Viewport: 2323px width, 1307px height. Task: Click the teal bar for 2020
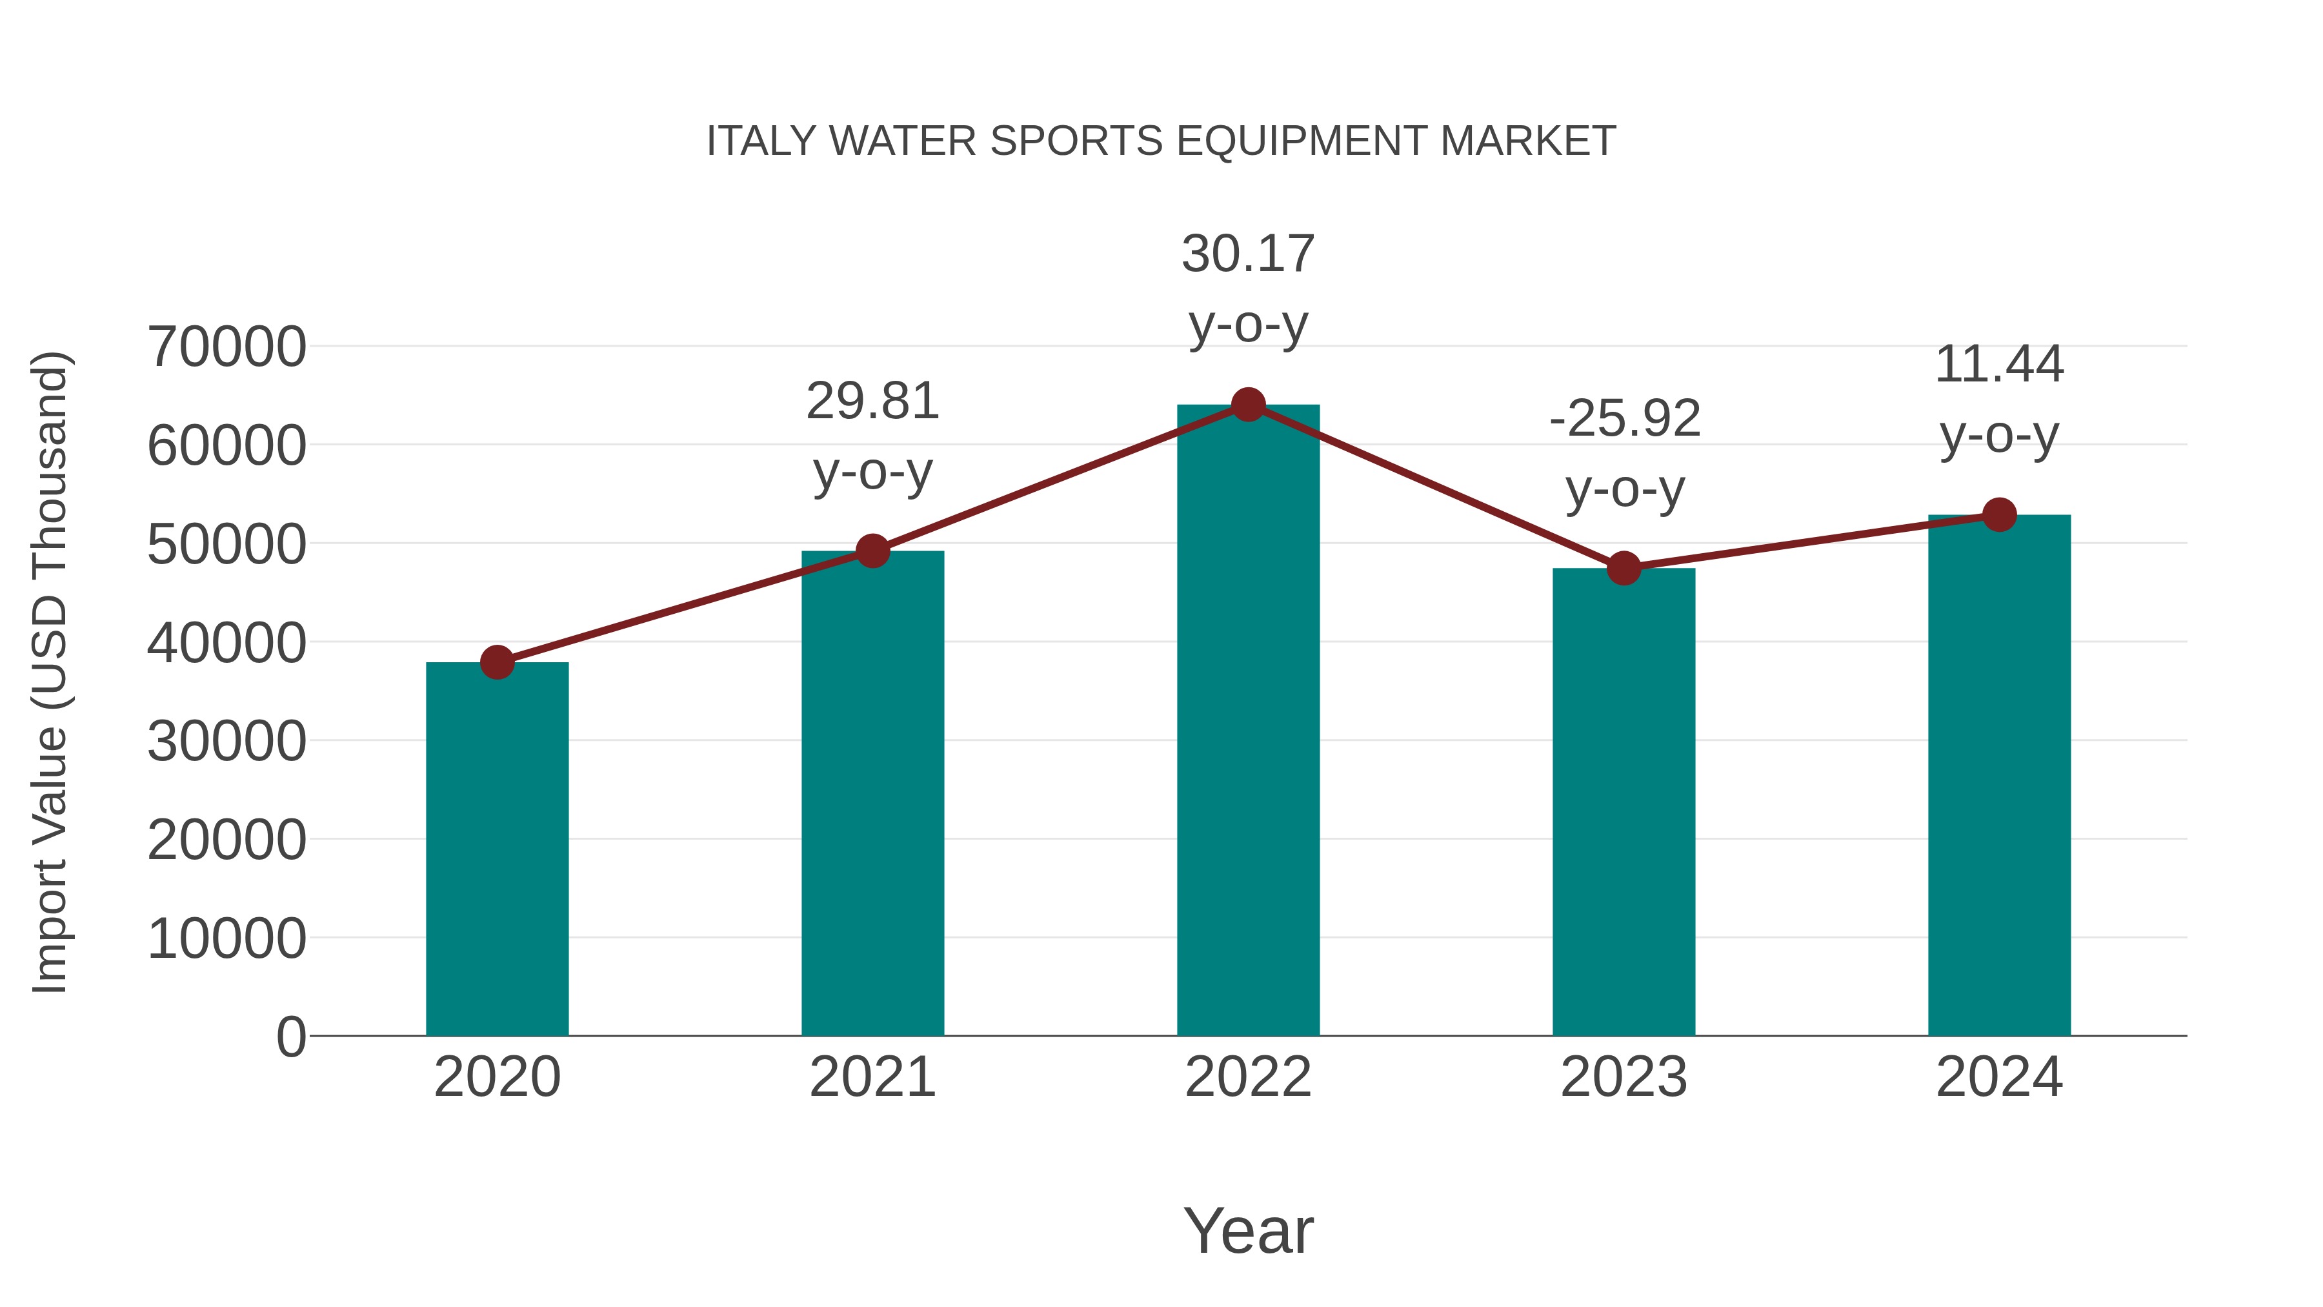[497, 848]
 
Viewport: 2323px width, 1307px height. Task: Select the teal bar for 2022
[1248, 722]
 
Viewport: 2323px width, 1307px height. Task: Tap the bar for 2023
[1624, 803]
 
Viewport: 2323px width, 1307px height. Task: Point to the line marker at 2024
[1999, 515]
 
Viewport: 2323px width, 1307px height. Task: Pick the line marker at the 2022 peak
[1248, 405]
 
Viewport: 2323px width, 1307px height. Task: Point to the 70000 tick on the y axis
[227, 347]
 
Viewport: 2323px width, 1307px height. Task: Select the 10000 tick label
[227, 939]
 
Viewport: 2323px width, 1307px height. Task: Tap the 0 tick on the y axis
[291, 1037]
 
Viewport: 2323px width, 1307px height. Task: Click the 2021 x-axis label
[872, 1078]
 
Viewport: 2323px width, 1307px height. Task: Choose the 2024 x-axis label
[1999, 1078]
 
